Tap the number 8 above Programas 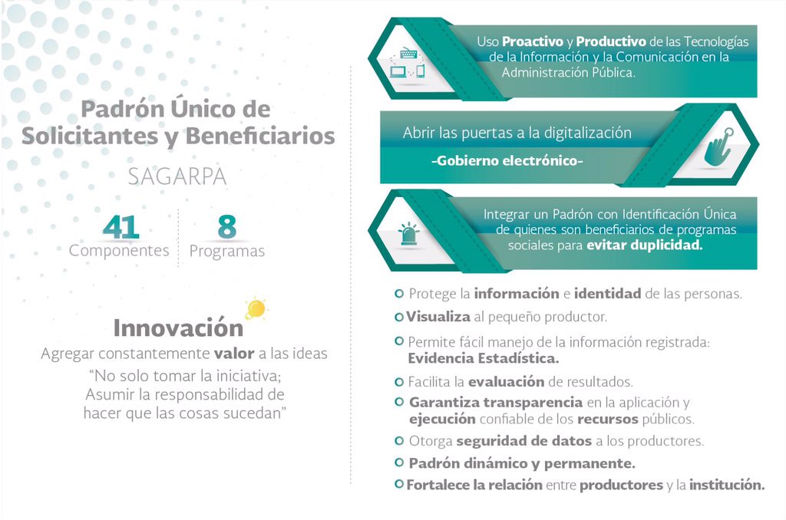[226, 227]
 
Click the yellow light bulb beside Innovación [256, 309]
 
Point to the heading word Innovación [178, 327]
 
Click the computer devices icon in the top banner [407, 64]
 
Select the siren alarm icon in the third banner [407, 234]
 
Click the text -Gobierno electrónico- [507, 162]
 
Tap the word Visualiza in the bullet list [433, 316]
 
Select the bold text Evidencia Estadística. [483, 357]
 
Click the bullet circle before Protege [398, 294]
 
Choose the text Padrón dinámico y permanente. [521, 463]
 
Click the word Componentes [119, 251]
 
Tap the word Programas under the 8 [226, 252]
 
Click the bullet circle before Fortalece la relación [398, 485]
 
